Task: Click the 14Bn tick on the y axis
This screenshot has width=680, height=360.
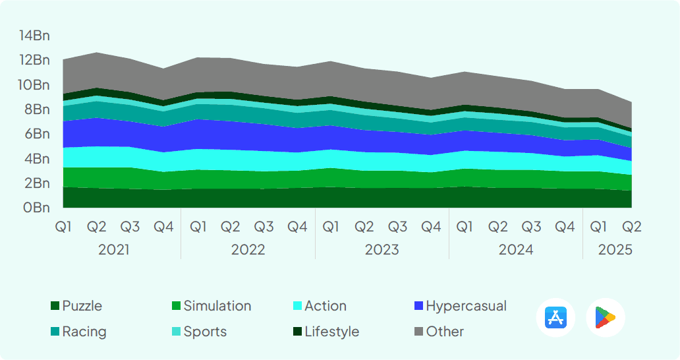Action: click(x=34, y=36)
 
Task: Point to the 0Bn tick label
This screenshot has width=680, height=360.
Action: click(x=37, y=208)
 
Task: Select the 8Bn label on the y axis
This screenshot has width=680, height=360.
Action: click(x=37, y=109)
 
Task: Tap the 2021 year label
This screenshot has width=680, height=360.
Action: click(x=113, y=250)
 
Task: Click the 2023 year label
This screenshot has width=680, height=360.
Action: click(x=382, y=250)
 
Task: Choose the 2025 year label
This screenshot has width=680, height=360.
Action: click(x=615, y=250)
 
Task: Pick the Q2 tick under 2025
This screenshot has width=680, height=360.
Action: click(x=632, y=227)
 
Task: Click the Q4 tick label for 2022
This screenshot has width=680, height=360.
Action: click(x=297, y=227)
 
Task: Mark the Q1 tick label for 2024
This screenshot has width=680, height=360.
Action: click(x=465, y=227)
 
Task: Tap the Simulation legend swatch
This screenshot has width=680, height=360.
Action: click(x=176, y=306)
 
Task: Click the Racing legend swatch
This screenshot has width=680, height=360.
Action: click(x=55, y=332)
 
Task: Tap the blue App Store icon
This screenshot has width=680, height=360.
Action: click(x=555, y=318)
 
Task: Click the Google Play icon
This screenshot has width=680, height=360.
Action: click(x=605, y=318)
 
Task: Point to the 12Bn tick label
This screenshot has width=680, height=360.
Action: click(x=34, y=60)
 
